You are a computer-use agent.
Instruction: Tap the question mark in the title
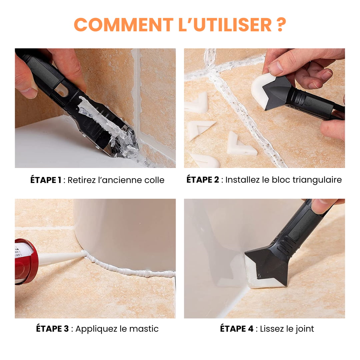click(281, 24)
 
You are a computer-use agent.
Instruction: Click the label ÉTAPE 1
click(46, 180)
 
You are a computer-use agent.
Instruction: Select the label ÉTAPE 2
click(203, 180)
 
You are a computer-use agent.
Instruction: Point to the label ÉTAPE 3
click(52, 329)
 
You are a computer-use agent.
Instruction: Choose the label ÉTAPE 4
click(237, 329)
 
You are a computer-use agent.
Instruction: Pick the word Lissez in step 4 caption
click(272, 329)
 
